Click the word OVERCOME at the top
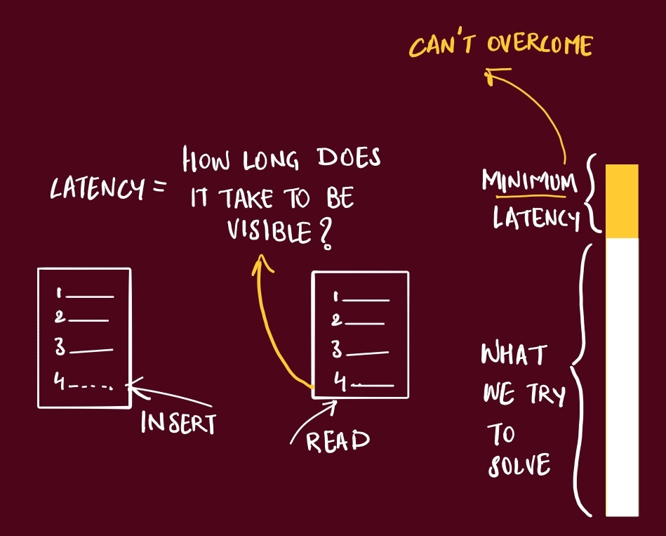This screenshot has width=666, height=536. click(x=541, y=46)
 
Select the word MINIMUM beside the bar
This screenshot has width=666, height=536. click(x=528, y=181)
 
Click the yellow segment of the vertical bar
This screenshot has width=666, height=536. click(x=622, y=201)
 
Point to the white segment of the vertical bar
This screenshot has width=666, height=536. click(x=622, y=376)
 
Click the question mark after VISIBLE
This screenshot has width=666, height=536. click(x=324, y=235)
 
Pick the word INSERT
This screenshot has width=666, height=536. click(x=178, y=423)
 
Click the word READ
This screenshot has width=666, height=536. click(x=338, y=440)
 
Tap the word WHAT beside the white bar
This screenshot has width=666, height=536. click(x=513, y=355)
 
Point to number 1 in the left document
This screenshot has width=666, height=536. click(x=60, y=294)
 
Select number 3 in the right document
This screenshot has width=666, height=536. click(x=337, y=349)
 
